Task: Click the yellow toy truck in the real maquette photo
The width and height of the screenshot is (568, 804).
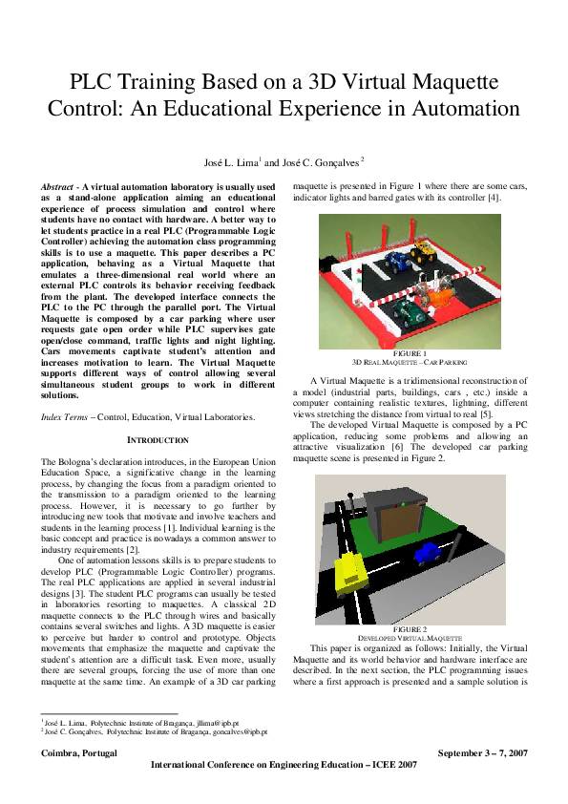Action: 422,255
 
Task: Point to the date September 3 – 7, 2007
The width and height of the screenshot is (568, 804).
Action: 482,753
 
